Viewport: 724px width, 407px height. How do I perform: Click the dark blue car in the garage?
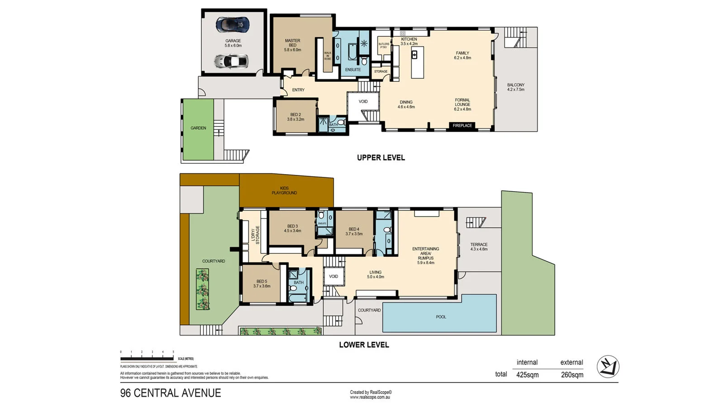(232, 25)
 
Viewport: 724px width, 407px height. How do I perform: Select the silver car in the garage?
(231, 61)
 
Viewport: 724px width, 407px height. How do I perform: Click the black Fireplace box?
(462, 126)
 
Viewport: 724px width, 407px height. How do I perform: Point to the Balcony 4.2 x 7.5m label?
(515, 87)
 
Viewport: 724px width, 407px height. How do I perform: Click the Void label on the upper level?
(363, 101)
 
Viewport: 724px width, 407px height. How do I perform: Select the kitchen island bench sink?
(414, 54)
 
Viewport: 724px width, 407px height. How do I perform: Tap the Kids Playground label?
(284, 190)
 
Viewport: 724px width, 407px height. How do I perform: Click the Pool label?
(441, 317)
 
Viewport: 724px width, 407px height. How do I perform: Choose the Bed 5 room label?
(262, 284)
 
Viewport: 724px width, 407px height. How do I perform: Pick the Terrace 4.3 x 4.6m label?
(479, 247)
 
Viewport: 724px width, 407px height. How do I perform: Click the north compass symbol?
(608, 367)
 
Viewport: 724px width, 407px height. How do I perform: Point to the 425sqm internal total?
(527, 375)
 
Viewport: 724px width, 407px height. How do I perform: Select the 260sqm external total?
(572, 375)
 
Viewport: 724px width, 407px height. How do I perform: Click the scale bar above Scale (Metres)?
(147, 359)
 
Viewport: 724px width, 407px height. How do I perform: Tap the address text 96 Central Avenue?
(171, 393)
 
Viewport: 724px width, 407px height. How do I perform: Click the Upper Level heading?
(381, 158)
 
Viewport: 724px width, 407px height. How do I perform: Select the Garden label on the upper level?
(198, 128)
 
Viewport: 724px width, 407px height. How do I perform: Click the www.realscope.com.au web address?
(370, 398)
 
